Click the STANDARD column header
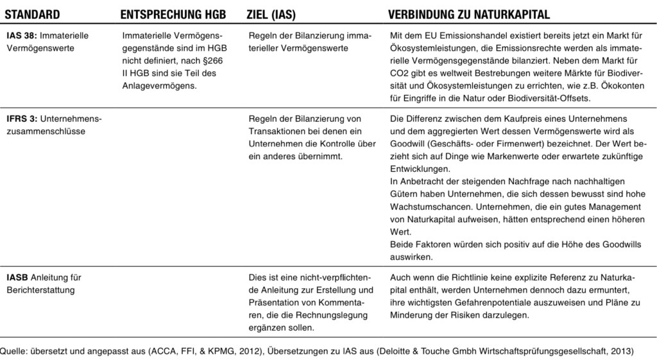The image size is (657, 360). point(33,14)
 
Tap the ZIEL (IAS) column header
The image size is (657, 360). point(271,14)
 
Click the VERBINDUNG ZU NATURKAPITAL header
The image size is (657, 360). point(469,14)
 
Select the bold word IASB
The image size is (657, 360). point(17,278)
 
